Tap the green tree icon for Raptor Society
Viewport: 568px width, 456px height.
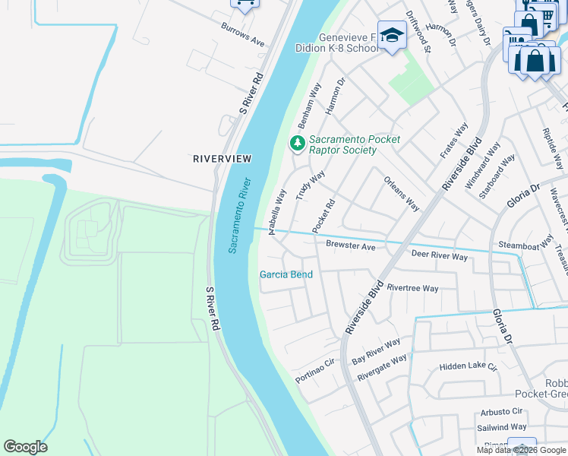(298, 143)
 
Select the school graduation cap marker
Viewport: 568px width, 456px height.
(392, 36)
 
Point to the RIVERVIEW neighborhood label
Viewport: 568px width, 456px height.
(222, 158)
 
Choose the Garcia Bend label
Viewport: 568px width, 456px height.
(286, 274)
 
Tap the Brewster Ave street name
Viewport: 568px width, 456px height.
(351, 246)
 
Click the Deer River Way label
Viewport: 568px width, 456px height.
(439, 256)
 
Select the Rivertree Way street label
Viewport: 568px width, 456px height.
(412, 288)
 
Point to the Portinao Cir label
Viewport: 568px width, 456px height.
(315, 370)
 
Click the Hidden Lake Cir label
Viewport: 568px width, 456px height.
(468, 367)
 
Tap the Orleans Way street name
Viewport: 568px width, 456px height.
(402, 194)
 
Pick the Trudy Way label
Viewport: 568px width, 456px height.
(310, 185)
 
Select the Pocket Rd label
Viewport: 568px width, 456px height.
(323, 217)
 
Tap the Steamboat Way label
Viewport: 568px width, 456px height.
(525, 245)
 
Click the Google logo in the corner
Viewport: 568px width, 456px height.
(25, 447)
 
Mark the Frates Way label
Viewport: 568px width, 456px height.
(454, 141)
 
